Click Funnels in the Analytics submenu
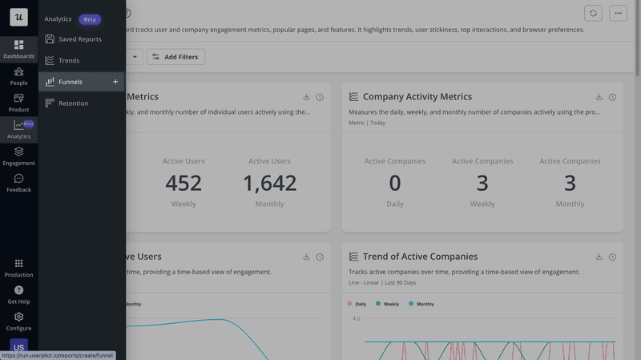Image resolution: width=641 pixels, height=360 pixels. pos(70,82)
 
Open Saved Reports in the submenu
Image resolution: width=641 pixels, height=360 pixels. pos(79,38)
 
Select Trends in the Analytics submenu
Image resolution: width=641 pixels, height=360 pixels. pos(69,60)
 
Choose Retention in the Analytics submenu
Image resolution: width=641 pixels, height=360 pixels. pos(73,103)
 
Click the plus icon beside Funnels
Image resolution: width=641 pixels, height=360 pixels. pos(115,82)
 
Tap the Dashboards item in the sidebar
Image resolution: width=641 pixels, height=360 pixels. pos(18,49)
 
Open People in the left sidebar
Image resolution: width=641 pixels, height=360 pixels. pos(18,75)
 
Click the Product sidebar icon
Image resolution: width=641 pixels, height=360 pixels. pos(18,102)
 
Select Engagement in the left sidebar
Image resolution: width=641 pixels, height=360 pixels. pos(18,156)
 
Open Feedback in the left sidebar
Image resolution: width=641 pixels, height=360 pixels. pos(18,183)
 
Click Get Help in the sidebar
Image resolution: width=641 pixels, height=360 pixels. pos(18,294)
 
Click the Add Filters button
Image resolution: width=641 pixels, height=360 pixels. pos(176,57)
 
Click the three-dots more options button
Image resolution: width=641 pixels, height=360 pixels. pos(617,13)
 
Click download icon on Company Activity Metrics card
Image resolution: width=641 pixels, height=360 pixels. pos(599,97)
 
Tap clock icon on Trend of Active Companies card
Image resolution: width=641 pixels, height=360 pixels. pos(612,257)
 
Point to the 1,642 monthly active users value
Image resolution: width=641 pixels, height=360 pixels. pos(269,183)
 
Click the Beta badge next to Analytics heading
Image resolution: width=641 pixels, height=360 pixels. pos(90,18)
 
